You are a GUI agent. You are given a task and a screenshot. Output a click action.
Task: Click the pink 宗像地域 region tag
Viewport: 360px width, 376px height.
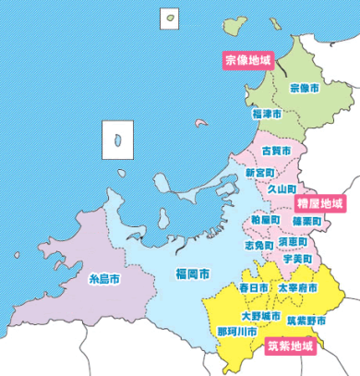point(249,60)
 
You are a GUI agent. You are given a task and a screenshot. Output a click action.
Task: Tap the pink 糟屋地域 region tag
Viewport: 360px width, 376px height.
point(319,201)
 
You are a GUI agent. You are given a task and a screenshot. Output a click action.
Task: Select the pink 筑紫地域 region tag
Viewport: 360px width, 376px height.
point(290,347)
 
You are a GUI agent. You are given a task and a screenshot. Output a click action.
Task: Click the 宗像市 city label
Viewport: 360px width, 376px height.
point(305,88)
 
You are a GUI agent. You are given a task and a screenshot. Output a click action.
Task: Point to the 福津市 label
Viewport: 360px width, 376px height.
point(268,115)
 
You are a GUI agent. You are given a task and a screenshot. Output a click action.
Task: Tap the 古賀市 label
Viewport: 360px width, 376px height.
point(276,150)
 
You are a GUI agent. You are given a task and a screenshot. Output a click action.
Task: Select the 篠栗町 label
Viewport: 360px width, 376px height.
point(306,222)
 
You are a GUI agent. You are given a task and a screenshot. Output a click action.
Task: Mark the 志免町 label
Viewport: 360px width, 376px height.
point(258,247)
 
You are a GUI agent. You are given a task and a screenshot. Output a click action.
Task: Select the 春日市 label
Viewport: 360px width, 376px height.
point(254,288)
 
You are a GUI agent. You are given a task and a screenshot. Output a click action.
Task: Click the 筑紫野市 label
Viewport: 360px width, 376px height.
point(305,321)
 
